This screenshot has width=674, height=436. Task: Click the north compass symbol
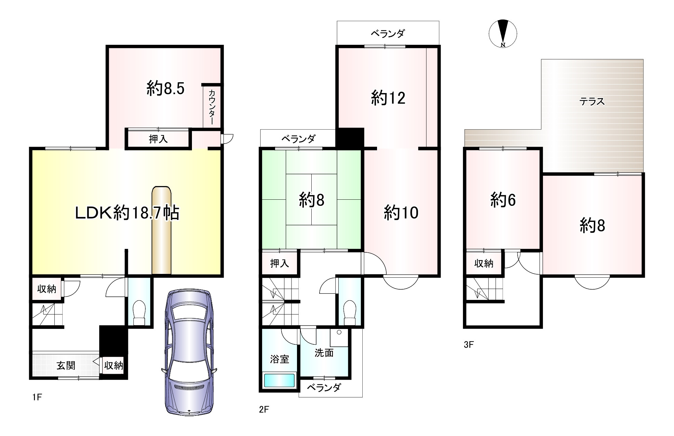pos(503,34)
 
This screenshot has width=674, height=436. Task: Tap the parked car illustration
pos(189,352)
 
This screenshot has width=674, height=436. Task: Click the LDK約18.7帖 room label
pos(127,213)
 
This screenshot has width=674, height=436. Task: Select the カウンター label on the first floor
pos(212,107)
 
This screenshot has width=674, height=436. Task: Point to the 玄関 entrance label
pos(66,365)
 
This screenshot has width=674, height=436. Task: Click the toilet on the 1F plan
pos(139,312)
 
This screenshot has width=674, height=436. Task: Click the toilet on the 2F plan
pos(350,312)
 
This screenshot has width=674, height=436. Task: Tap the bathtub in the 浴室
pos(279,381)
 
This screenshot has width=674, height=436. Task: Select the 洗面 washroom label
pos(324,353)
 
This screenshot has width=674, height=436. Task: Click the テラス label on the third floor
pos(592,101)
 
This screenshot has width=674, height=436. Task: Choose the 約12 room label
pos(388,98)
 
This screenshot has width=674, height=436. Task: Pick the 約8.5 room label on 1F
pos(166,88)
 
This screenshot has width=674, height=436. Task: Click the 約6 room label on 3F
pos(503,200)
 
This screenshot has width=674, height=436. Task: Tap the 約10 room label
pos(401,213)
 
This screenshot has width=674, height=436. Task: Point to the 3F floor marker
pos(469,345)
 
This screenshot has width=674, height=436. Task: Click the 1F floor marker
pos(37,397)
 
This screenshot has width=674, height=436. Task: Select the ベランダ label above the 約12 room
pos(388,33)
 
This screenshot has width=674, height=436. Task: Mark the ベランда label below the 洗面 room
pos(324,387)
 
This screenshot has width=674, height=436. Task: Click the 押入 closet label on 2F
pos(280,263)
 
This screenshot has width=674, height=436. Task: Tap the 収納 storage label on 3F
pos(484,263)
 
